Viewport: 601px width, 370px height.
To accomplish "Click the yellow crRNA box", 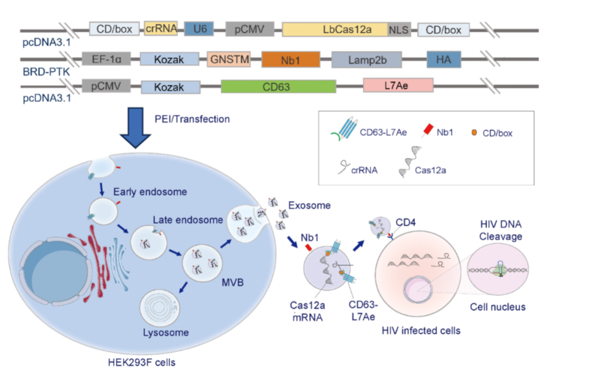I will pyautogui.click(x=161, y=29).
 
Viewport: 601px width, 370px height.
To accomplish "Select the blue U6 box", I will pyautogui.click(x=199, y=29).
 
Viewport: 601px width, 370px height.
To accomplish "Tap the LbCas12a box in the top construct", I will pyautogui.click(x=335, y=29).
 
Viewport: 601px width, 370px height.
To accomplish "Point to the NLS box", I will pyautogui.click(x=399, y=30).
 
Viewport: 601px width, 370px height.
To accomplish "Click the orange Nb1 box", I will pyautogui.click(x=290, y=60).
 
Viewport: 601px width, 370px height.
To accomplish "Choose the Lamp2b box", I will pyautogui.click(x=368, y=60).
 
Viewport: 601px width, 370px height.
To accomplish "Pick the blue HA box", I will pyautogui.click(x=444, y=60).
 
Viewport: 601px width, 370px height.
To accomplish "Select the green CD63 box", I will pyautogui.click(x=278, y=86).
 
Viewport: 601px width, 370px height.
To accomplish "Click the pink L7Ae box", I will pyautogui.click(x=398, y=86).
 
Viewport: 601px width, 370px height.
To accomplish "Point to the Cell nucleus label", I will pyautogui.click(x=497, y=307).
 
